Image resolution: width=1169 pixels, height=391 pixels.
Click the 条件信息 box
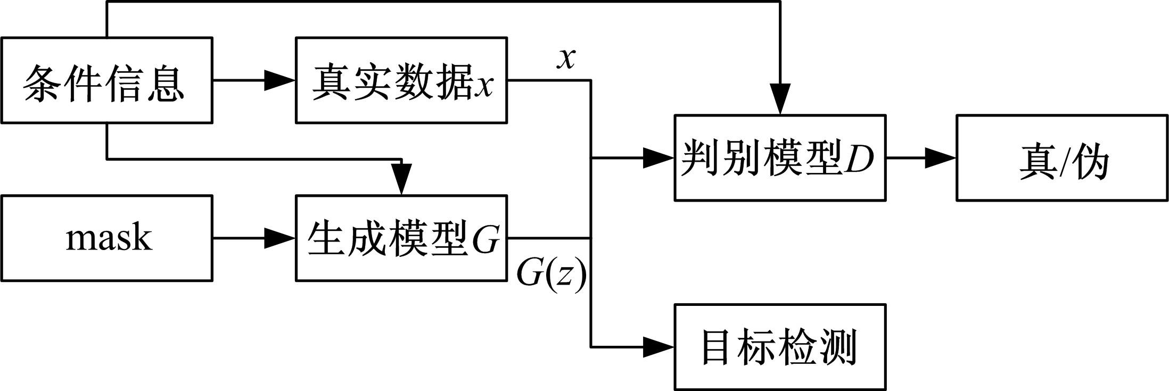[x=106, y=80]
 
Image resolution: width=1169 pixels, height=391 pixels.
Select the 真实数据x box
[x=401, y=80]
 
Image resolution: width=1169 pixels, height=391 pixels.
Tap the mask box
[x=106, y=238]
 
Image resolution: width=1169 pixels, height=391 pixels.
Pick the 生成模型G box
[x=401, y=238]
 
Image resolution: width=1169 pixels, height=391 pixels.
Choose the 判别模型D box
[x=780, y=158]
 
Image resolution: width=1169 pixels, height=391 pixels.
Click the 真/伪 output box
[x=1062, y=158]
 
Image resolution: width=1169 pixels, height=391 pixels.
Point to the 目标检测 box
[x=780, y=347]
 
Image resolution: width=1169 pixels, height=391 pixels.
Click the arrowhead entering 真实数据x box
[x=280, y=80]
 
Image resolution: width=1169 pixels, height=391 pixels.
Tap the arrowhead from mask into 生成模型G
[x=280, y=238]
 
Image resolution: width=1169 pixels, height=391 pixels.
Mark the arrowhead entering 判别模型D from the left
[x=659, y=158]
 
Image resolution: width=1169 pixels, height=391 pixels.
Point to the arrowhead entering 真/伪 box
[x=941, y=158]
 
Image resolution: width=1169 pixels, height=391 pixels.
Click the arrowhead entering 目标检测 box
[x=659, y=347]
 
